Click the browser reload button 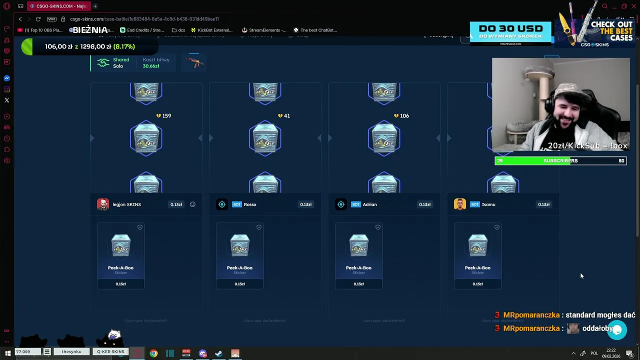point(38,19)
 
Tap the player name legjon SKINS point(126,204)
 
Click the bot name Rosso point(250,204)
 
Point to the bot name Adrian point(369,204)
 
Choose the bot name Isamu point(488,204)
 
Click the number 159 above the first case point(166,116)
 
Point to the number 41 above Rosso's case point(286,116)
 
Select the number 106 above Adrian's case point(404,116)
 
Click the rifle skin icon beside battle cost point(194,63)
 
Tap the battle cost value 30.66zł point(151,66)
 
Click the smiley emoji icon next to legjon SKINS point(192,204)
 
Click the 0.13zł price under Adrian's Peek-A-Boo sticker point(358,284)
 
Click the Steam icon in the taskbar point(218,353)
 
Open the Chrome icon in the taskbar point(153,353)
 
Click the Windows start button point(7,353)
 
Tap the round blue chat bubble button point(617,330)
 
